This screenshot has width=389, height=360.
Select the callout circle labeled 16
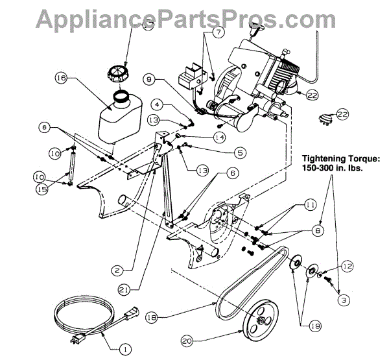click(x=61, y=80)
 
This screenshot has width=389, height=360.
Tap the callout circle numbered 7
click(x=218, y=31)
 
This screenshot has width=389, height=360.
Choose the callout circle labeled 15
click(x=41, y=189)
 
